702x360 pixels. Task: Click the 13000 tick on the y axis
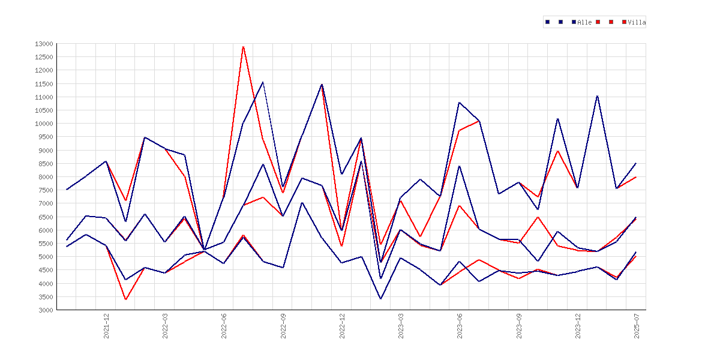(44, 44)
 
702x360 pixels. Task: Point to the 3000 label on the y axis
(45, 310)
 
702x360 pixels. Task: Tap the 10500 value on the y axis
(44, 110)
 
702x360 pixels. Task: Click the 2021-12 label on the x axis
(107, 326)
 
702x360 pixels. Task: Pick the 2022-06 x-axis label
(224, 326)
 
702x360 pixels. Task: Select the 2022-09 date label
(283, 326)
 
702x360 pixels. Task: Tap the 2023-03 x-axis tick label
(401, 326)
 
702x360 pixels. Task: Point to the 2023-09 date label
(520, 326)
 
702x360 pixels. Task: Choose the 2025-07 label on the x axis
(637, 326)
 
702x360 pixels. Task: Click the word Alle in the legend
(585, 22)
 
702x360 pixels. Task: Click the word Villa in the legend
(637, 22)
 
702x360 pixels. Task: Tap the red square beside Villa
(625, 22)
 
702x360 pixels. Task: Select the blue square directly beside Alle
(574, 22)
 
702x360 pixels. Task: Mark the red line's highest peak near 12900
(243, 47)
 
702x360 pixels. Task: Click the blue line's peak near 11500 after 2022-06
(263, 82)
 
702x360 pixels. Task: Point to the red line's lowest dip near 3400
(126, 299)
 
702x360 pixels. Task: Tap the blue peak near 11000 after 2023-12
(597, 96)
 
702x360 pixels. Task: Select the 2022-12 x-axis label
(343, 326)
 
